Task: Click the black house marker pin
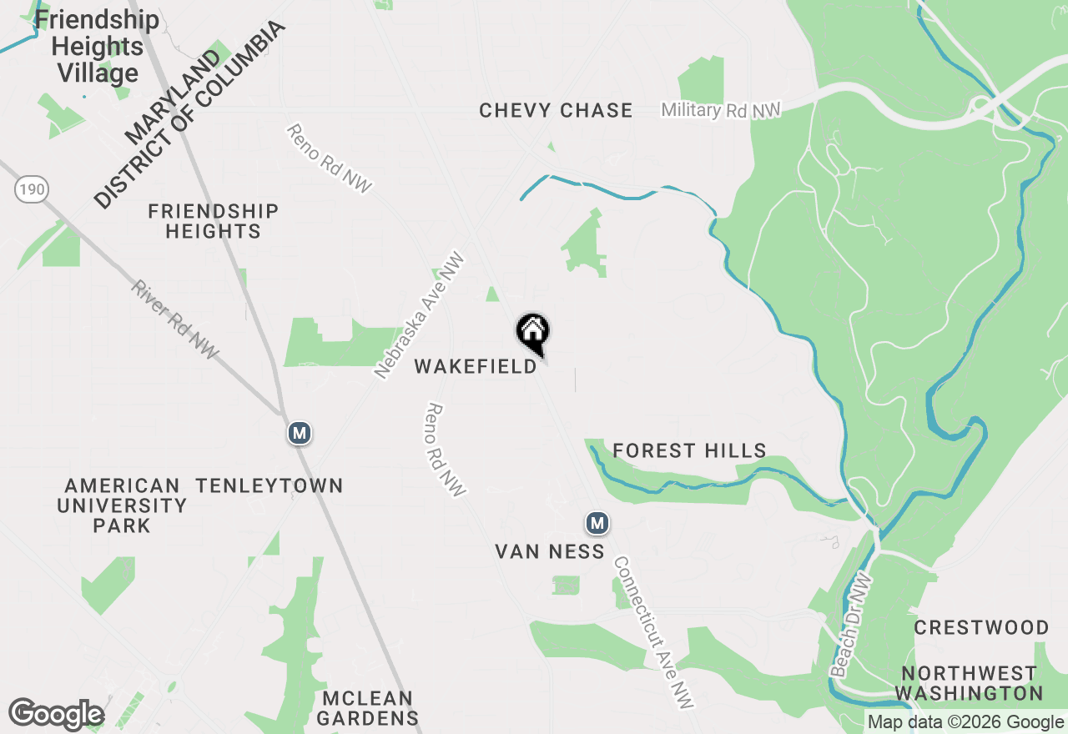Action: [533, 332]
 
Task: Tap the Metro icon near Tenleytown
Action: [300, 434]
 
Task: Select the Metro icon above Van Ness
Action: [597, 524]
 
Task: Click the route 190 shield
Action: [30, 190]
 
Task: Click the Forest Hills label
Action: [689, 451]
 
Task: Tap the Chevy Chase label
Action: [556, 110]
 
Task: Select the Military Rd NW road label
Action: [720, 110]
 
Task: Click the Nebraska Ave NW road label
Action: [419, 315]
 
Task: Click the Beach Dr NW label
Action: [852, 626]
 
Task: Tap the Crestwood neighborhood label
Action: [981, 627]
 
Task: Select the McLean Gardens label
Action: [368, 708]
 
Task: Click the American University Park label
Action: [122, 505]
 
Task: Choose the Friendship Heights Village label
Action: [98, 47]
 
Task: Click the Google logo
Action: [56, 715]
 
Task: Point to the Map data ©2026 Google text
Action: [965, 722]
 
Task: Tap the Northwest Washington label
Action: [969, 683]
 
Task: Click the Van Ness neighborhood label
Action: [550, 551]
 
